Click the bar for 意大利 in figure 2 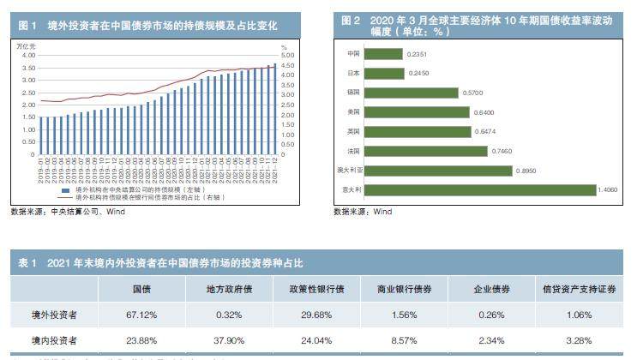click(x=479, y=189)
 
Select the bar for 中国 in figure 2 click(x=382, y=54)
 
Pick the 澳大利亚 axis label click(x=348, y=171)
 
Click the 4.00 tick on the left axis click(x=28, y=55)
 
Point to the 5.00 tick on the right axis click(x=289, y=55)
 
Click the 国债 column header click(x=142, y=290)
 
